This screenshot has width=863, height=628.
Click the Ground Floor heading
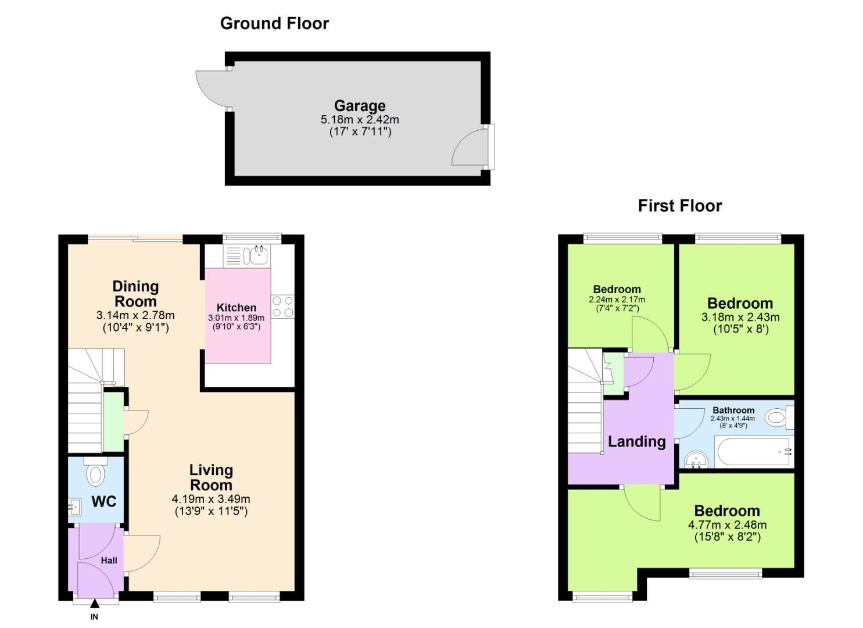point(274,23)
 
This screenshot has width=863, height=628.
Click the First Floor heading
point(679,206)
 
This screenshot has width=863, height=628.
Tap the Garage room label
point(360,106)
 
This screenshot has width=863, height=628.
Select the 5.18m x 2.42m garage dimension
point(360,120)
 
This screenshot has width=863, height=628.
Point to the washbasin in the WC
point(74,507)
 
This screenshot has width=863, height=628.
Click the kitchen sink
point(256,254)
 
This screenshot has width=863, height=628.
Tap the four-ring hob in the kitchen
point(282,306)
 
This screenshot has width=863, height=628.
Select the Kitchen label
point(236,308)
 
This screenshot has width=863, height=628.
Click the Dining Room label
point(135,294)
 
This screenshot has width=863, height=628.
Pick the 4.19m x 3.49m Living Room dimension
point(211,499)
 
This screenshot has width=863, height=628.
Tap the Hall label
point(109,561)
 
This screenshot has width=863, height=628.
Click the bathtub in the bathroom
point(753,452)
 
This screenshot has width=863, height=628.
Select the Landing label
point(636,441)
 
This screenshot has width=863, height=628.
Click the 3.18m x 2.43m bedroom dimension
point(740,317)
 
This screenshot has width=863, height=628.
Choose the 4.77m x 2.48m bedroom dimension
point(727,525)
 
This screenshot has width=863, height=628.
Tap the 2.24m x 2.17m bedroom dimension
point(617,300)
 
